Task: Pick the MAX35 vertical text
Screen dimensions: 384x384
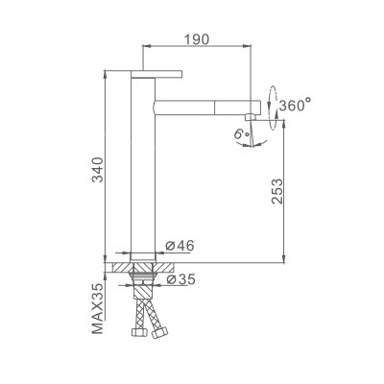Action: click(98, 308)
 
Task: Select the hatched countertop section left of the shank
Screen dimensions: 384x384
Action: click(121, 266)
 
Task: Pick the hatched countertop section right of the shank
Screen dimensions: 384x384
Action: click(164, 266)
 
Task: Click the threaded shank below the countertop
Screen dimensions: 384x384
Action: click(143, 280)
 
